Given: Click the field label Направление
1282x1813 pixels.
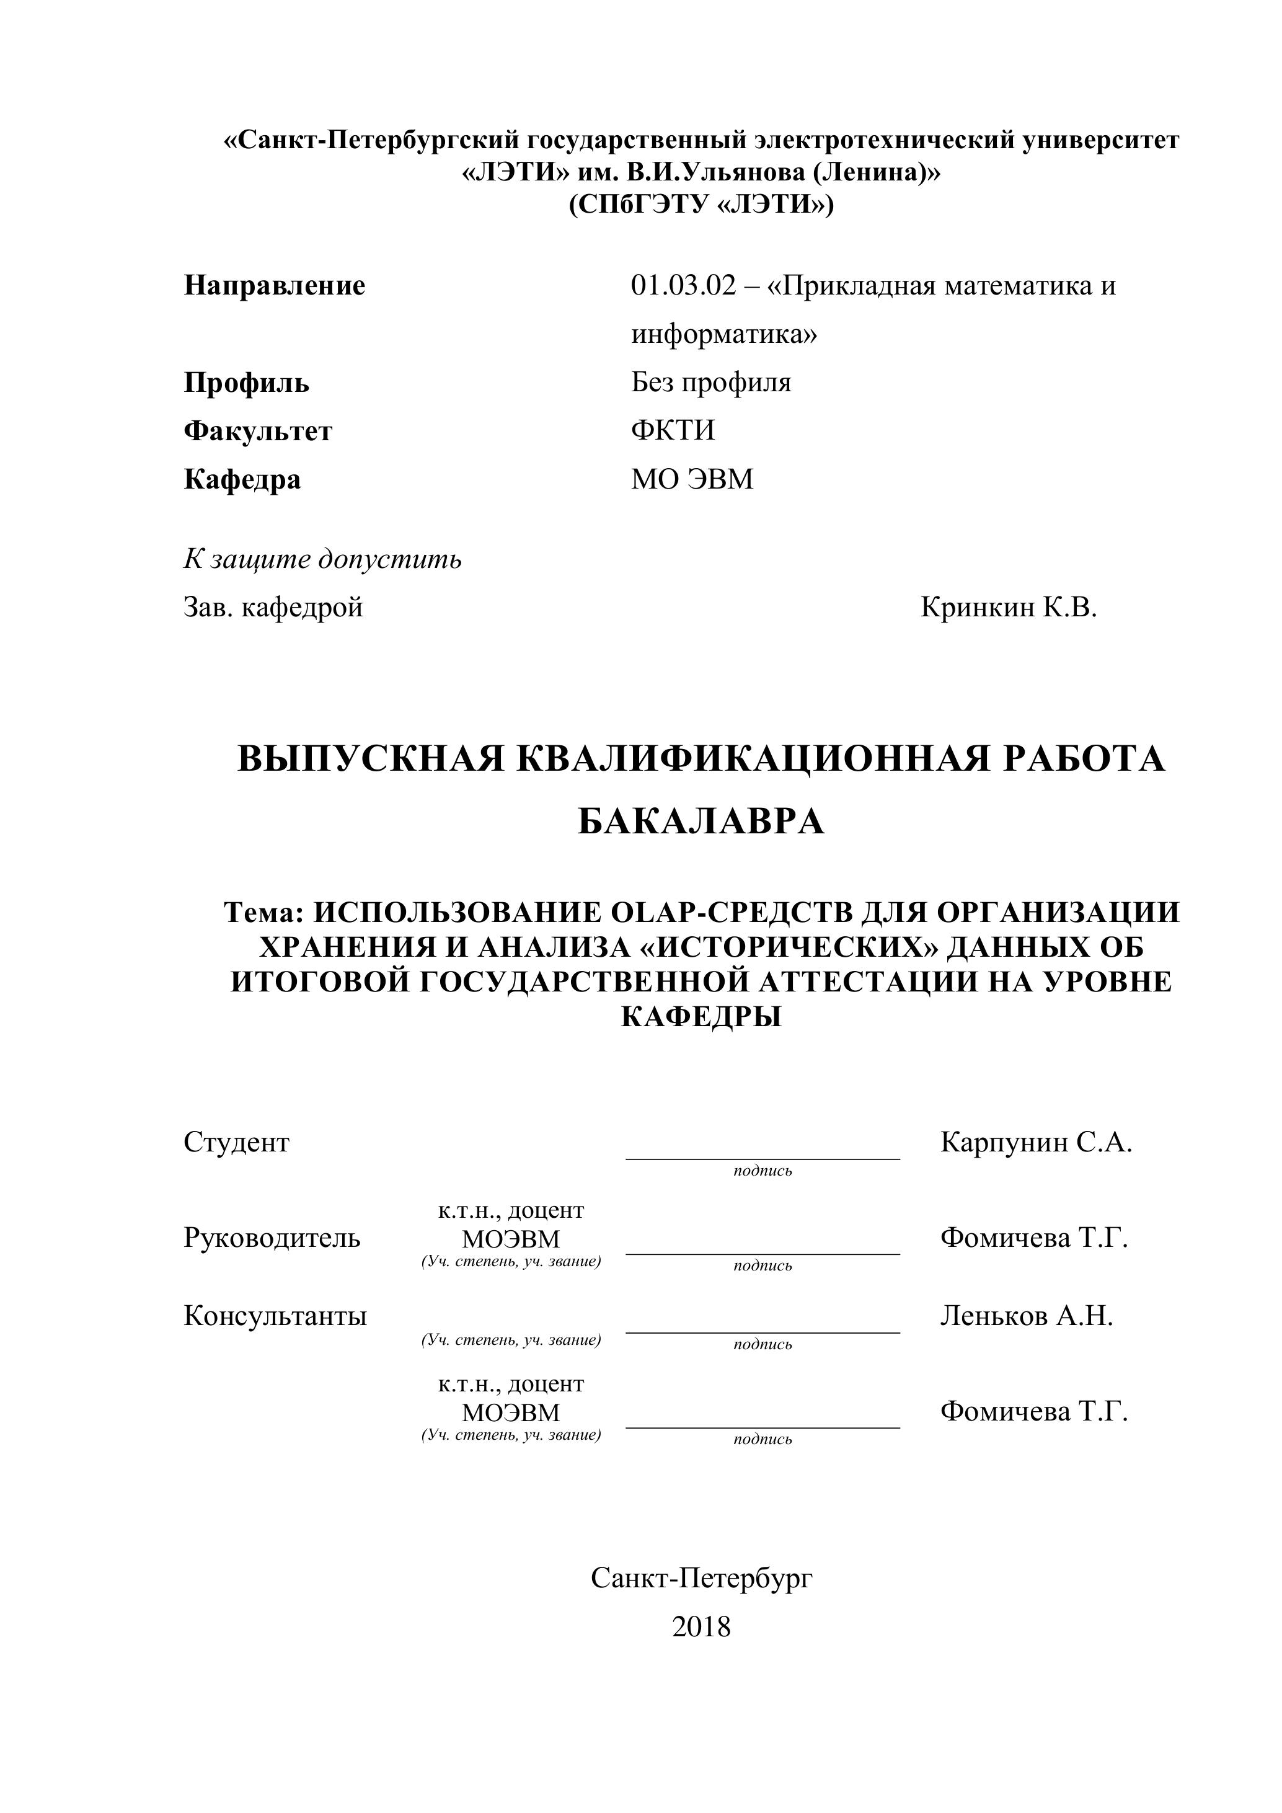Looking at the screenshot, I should point(274,286).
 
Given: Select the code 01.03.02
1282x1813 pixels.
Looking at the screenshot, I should point(682,286).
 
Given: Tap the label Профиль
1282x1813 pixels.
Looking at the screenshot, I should point(246,383).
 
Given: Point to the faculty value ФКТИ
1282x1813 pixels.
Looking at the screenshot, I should point(673,430).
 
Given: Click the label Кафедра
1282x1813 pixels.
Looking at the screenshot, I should point(242,479).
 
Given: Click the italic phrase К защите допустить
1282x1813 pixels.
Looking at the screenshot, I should point(322,559).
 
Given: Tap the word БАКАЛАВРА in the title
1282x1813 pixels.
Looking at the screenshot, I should point(701,822).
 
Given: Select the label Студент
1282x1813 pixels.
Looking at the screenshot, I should point(236,1142).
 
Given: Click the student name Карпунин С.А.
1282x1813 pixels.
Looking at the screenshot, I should point(1036,1142).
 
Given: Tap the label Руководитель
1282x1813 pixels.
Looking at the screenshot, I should point(272,1238).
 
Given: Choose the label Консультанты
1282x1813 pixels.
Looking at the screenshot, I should point(275,1316).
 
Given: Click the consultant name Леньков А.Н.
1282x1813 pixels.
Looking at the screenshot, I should point(1026,1316).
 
